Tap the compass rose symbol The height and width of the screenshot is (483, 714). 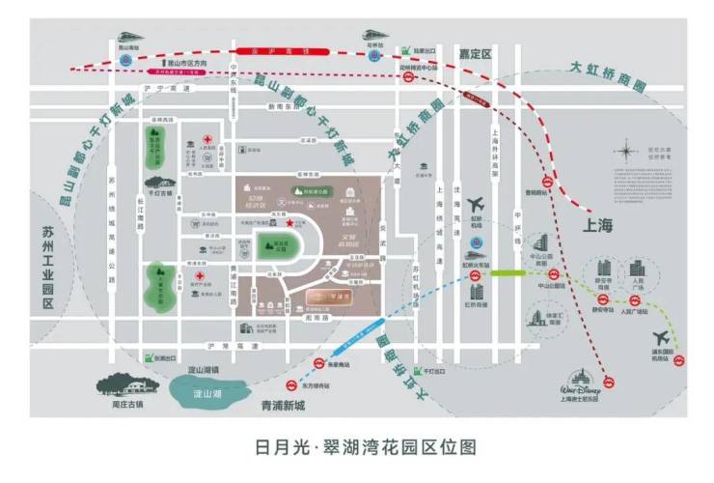[628, 152]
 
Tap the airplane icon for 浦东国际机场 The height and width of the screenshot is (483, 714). [661, 337]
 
